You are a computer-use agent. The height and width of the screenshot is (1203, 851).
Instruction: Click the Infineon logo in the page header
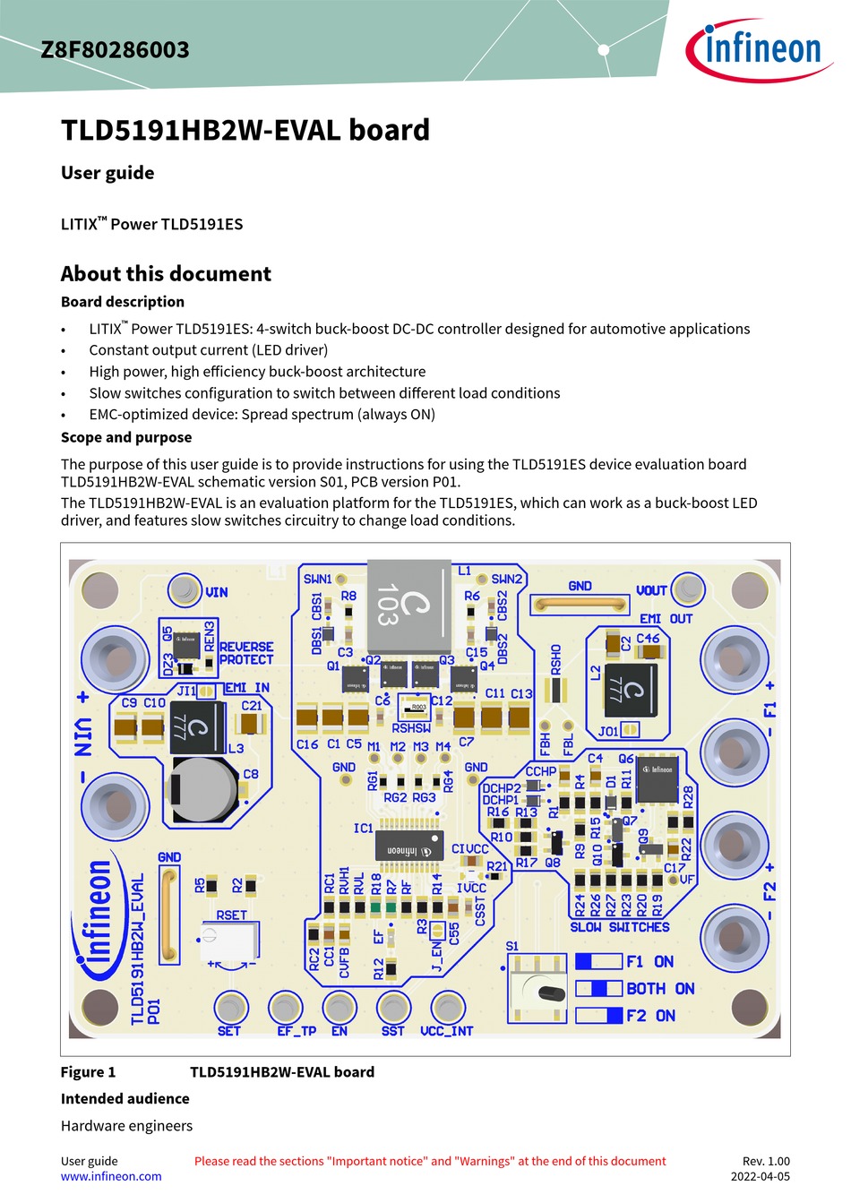[759, 49]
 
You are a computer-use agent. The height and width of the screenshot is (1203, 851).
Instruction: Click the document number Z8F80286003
[115, 50]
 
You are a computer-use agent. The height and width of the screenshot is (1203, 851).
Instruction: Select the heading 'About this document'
[166, 274]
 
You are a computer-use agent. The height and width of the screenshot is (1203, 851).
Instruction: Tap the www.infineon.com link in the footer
[111, 1176]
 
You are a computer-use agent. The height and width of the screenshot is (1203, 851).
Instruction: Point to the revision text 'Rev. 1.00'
[766, 1161]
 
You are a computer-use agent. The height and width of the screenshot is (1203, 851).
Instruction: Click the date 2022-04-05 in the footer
[760, 1176]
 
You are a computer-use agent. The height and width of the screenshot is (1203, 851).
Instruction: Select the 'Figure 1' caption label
[88, 1072]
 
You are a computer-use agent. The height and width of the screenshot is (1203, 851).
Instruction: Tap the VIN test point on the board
[185, 590]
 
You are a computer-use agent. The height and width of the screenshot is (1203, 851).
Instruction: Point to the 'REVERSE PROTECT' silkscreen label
[246, 653]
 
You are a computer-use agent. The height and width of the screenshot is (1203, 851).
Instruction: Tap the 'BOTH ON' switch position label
[660, 989]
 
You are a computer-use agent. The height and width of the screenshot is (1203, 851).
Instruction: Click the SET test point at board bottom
[231, 1008]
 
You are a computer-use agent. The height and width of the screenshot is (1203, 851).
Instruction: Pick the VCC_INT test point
[447, 1008]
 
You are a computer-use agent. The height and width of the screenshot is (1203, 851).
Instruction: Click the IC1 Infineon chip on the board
[410, 847]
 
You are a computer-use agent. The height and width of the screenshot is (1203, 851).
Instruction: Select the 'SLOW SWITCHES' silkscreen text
[620, 927]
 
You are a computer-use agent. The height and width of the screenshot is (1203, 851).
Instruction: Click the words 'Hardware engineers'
[126, 1126]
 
